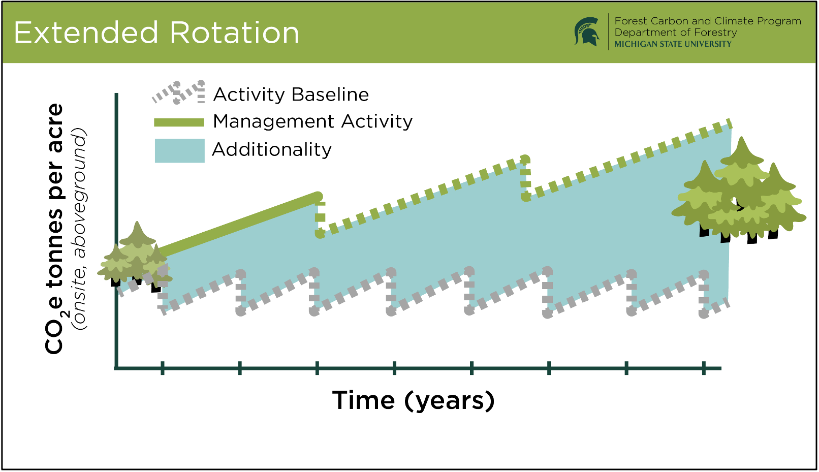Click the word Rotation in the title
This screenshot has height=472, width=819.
[234, 33]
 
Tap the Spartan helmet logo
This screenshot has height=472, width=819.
[587, 32]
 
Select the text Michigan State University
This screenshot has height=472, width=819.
[673, 44]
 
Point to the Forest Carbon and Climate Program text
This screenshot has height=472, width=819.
[708, 21]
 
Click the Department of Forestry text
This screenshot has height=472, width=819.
[676, 33]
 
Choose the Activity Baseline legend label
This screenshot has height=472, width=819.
[291, 95]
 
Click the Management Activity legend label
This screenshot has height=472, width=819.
[312, 121]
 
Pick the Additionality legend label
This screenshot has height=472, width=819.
[272, 149]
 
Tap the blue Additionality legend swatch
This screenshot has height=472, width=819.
[179, 150]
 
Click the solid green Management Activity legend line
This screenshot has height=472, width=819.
[179, 122]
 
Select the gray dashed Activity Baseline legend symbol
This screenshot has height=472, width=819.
[179, 92]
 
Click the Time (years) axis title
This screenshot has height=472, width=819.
[413, 400]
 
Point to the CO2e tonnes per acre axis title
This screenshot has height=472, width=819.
[54, 229]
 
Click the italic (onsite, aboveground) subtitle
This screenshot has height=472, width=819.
[79, 229]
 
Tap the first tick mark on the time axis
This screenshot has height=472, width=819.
[163, 368]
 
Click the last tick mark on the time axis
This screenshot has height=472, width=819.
[704, 368]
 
